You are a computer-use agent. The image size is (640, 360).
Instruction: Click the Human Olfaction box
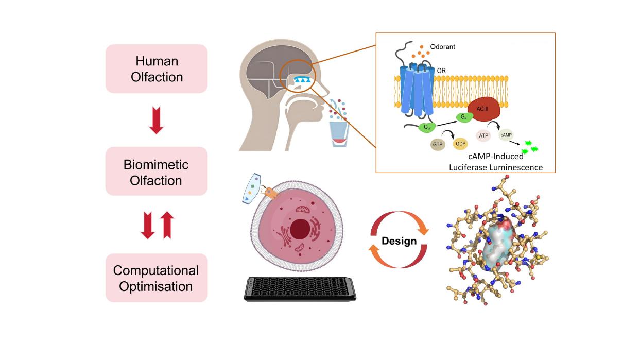tap(157, 68)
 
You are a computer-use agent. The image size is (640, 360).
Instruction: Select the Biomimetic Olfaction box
tap(157, 172)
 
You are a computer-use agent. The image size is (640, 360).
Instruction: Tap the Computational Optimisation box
tap(157, 278)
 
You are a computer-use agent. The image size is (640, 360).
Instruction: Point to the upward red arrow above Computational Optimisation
tap(167, 227)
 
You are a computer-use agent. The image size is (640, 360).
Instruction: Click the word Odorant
tap(444, 47)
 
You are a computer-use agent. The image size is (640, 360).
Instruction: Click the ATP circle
tap(483, 136)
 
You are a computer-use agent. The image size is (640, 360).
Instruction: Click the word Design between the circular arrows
tap(399, 241)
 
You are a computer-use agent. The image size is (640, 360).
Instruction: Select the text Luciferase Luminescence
tap(495, 167)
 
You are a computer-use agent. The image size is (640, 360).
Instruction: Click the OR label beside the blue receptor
tap(442, 70)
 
